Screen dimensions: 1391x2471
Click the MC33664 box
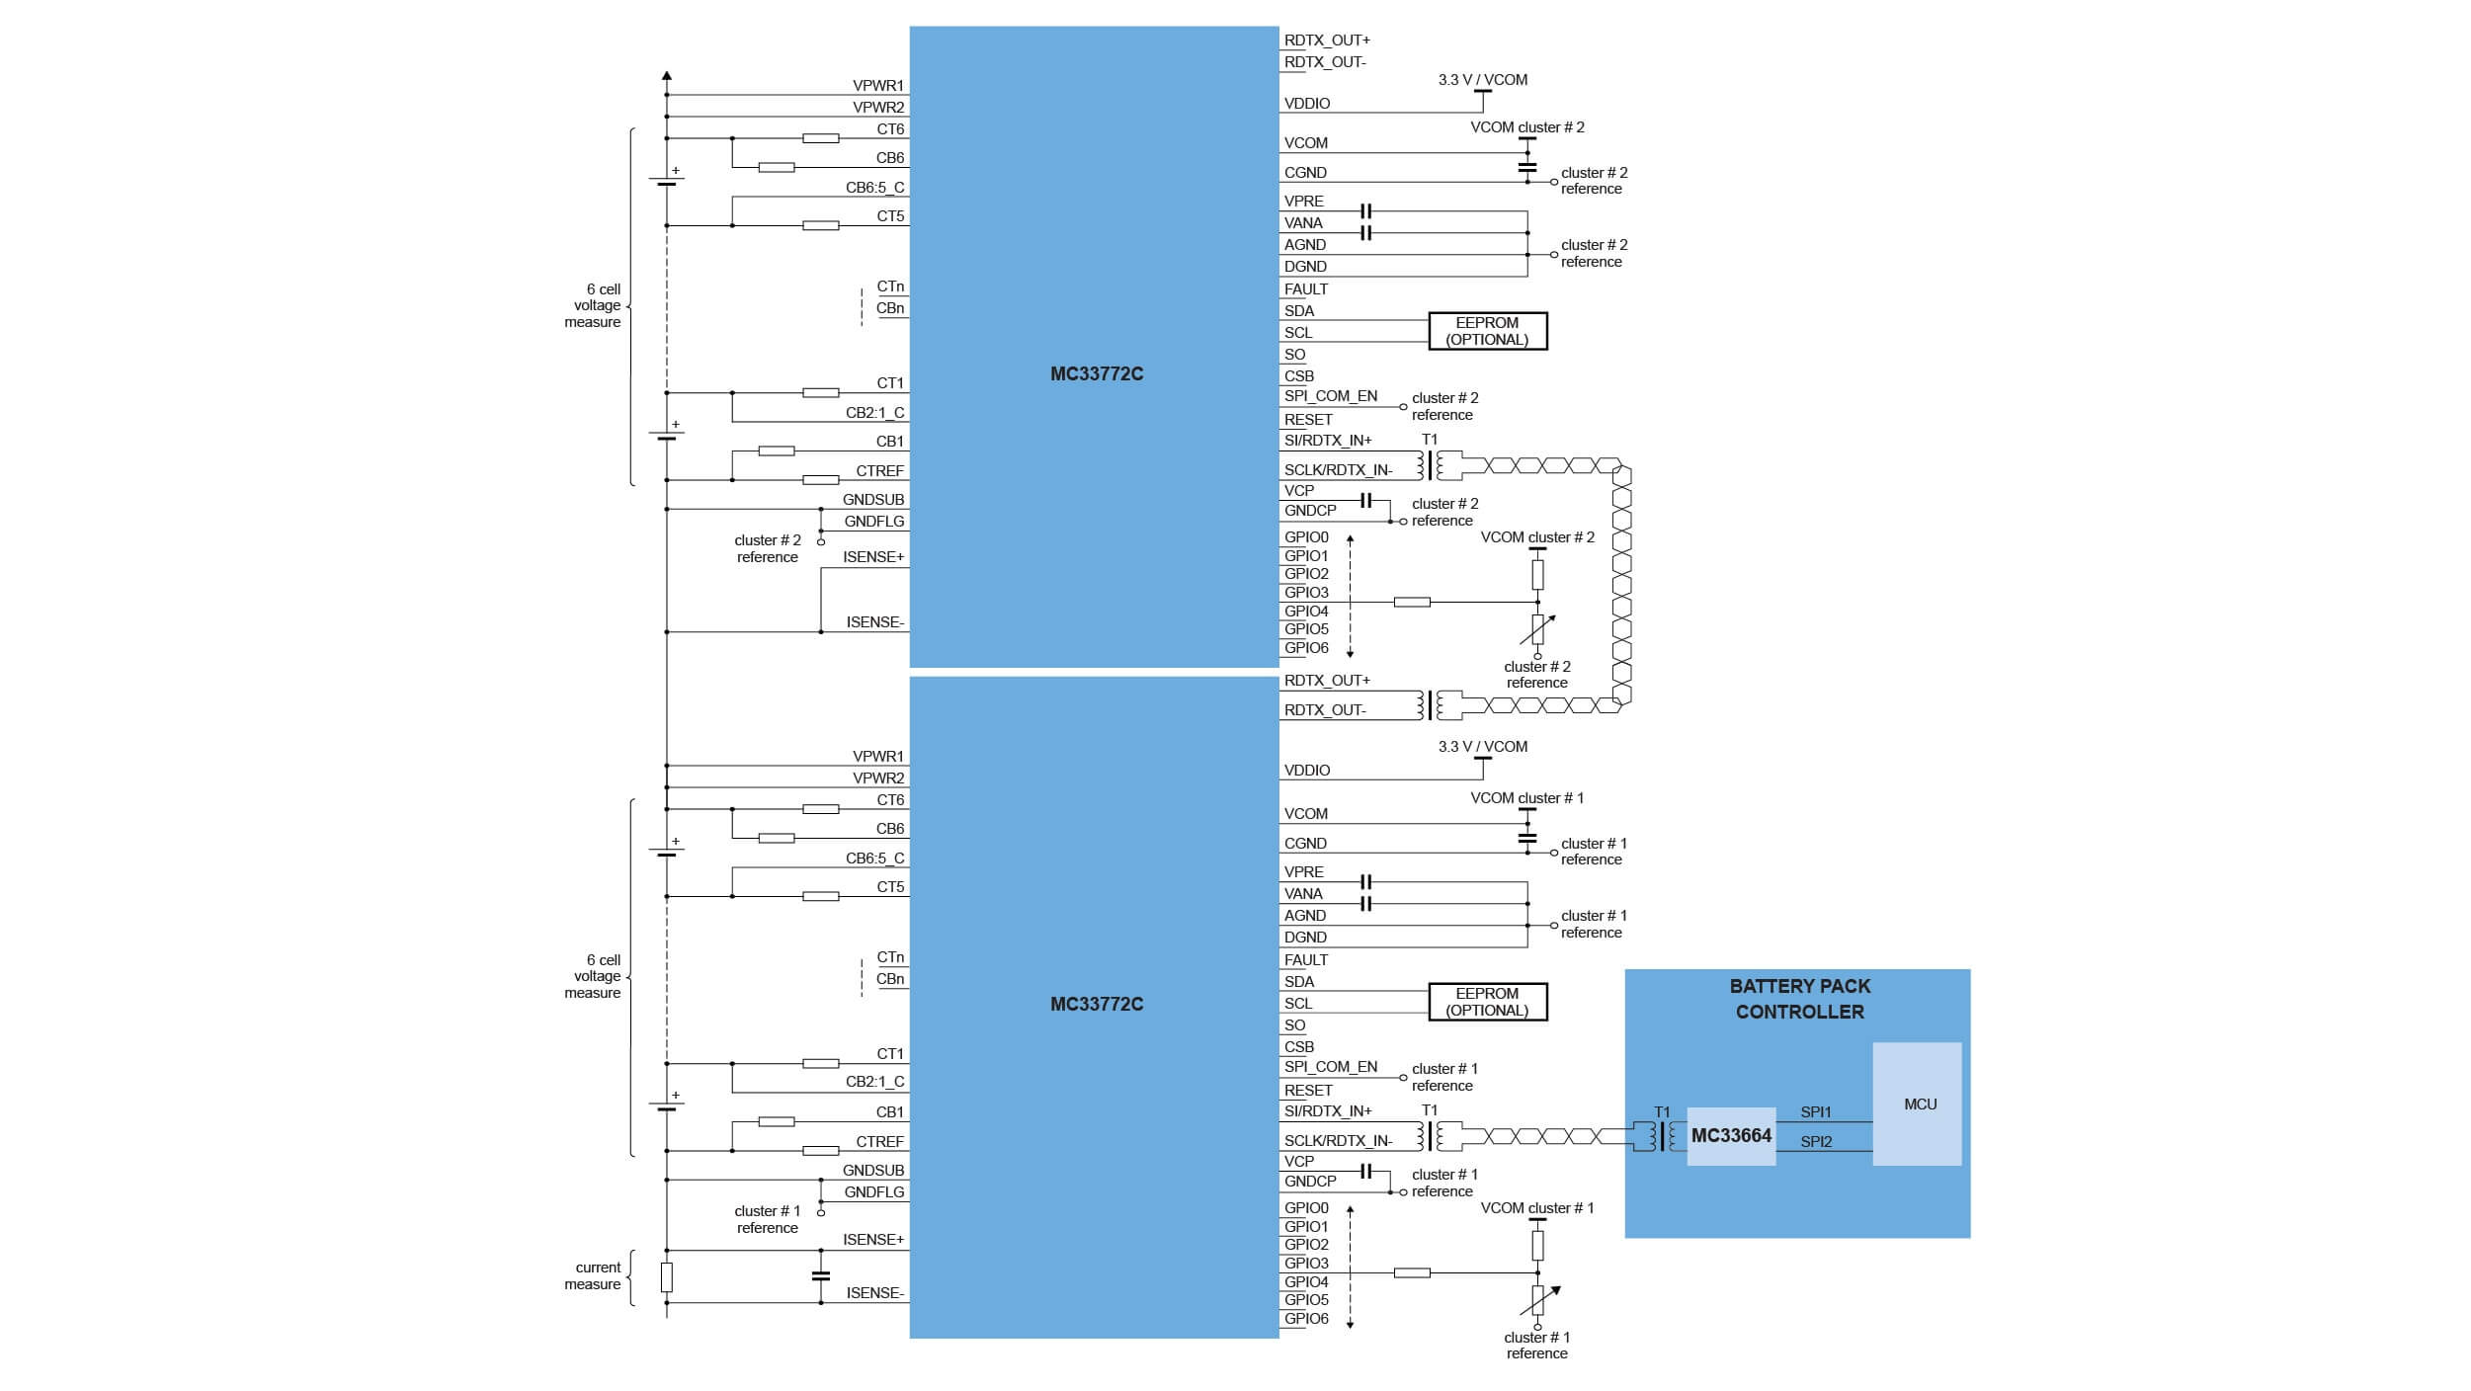point(1730,1136)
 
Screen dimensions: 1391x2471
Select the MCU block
point(1917,1104)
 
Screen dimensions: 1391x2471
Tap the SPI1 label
point(1815,1112)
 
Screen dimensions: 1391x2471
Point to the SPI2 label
point(1815,1142)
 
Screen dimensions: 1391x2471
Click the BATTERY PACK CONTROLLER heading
point(1799,999)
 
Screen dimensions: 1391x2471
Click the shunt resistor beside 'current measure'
point(667,1276)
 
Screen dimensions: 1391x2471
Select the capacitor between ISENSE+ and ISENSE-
point(820,1275)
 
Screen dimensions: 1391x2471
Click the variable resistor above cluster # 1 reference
point(1537,1300)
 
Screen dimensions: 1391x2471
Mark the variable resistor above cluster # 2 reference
point(1537,629)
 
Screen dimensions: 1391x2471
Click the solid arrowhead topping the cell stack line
point(667,75)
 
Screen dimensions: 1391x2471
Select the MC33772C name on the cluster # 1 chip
point(1096,1004)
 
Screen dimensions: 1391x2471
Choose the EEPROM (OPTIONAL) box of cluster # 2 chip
point(1487,331)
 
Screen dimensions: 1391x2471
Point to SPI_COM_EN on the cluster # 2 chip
point(1330,396)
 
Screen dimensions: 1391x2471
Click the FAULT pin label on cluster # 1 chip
point(1305,959)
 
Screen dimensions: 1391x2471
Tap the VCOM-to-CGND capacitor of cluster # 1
point(1526,838)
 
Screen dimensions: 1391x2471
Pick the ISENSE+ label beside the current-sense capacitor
point(873,1240)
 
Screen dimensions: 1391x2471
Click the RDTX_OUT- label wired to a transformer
point(1325,710)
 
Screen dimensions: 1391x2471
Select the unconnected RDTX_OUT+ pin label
point(1327,41)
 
